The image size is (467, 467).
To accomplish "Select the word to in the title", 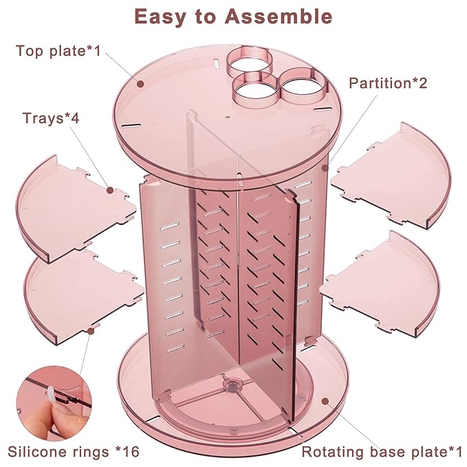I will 210,17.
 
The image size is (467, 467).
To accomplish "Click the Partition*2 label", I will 388,83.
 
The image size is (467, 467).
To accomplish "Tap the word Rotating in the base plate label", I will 327,452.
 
